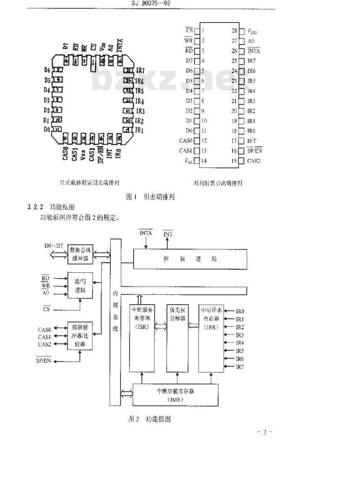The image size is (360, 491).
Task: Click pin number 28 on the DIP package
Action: tap(234, 31)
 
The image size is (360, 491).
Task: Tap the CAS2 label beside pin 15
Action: tap(254, 161)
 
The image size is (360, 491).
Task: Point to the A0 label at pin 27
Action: tap(252, 41)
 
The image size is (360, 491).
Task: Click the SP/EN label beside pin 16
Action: tap(255, 151)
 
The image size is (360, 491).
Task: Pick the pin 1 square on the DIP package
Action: tap(196, 31)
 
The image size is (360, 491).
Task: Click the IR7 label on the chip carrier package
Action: tap(140, 71)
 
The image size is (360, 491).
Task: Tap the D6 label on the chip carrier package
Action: tap(47, 70)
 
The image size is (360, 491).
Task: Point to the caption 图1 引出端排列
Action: tap(150, 197)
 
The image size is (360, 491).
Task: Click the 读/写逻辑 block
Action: tap(80, 286)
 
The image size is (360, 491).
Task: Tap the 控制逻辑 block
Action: tap(190, 259)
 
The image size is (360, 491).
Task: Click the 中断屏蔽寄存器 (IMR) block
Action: tap(175, 395)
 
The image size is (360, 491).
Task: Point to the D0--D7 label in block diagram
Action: tap(54, 247)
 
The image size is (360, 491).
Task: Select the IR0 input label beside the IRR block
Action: tap(240, 311)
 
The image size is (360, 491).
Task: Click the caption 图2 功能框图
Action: tap(149, 419)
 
